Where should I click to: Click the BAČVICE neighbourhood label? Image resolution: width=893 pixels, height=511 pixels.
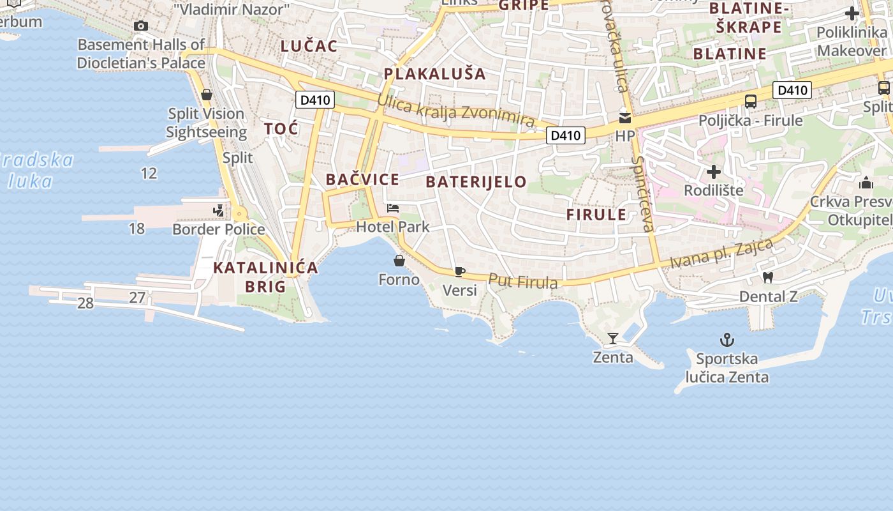[x=362, y=179]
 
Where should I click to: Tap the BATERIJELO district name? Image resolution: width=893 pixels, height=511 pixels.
[x=476, y=182]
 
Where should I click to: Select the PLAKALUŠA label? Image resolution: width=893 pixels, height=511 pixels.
[x=434, y=73]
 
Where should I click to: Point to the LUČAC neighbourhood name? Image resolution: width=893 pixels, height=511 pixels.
[x=309, y=46]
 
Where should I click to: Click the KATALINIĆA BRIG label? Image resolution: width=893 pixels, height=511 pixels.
[x=265, y=277]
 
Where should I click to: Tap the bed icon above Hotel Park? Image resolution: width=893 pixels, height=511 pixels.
[x=393, y=208]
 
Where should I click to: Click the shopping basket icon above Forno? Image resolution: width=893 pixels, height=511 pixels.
[x=399, y=261]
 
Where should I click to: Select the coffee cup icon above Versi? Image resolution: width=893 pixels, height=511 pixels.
[x=459, y=271]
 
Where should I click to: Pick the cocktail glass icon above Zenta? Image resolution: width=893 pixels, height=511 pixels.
[x=613, y=338]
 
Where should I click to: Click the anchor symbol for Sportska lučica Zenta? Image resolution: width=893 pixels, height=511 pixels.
[x=727, y=339]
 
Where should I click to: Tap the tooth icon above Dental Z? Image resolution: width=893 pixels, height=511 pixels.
[x=768, y=277]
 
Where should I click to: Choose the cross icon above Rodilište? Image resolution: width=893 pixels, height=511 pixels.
[x=714, y=172]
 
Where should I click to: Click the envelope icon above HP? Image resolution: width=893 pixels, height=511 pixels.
[x=625, y=118]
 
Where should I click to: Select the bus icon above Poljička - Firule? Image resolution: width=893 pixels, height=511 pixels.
[x=751, y=101]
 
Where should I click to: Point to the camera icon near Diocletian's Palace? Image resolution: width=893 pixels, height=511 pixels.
[x=141, y=26]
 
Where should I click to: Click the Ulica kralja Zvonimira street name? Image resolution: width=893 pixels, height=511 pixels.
[x=455, y=111]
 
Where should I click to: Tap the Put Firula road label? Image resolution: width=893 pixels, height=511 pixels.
[x=523, y=281]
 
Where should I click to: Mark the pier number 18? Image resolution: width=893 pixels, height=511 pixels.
[x=137, y=229]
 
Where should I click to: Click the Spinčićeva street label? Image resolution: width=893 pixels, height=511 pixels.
[x=643, y=194]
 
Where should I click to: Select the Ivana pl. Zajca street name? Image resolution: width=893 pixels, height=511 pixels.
[x=721, y=254]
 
